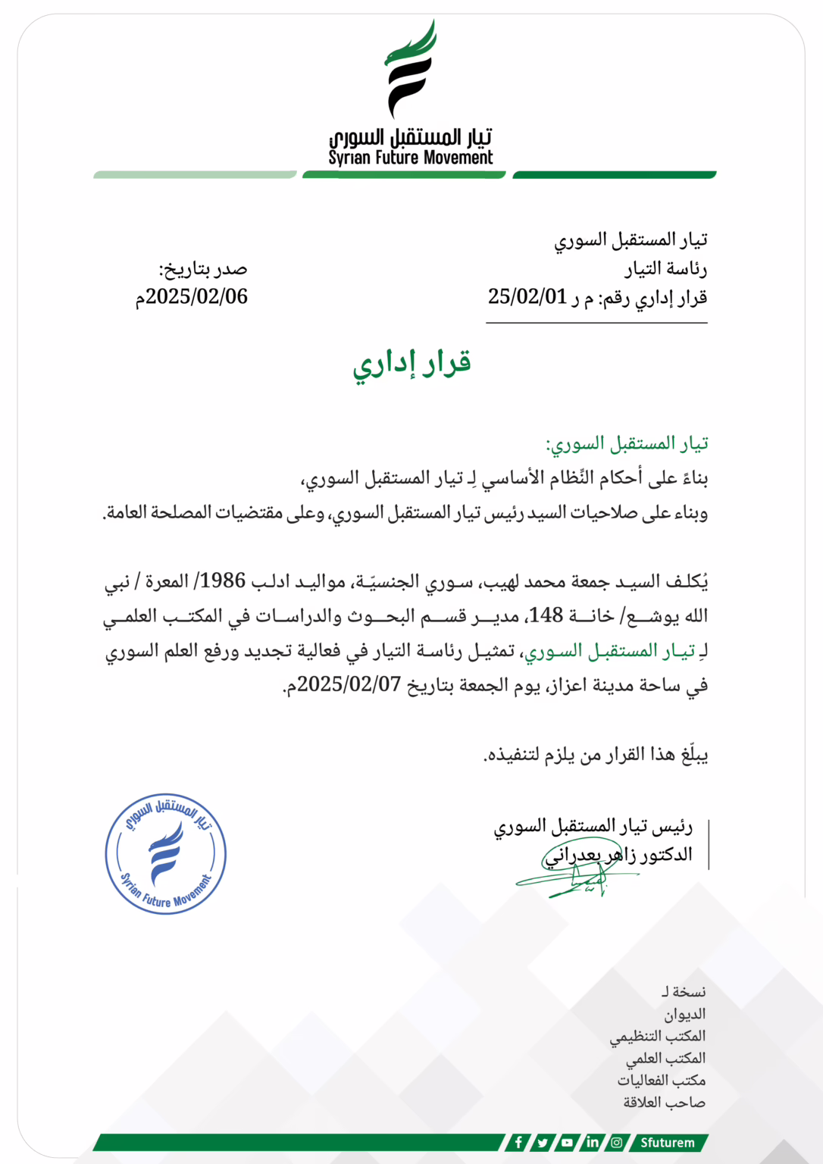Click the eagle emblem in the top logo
click(410, 70)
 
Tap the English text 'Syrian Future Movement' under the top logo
click(410, 158)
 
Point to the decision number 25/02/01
click(527, 297)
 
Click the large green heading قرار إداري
click(411, 363)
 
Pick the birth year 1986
click(223, 581)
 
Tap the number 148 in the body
click(546, 615)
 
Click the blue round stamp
click(166, 854)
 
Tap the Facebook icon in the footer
click(518, 1142)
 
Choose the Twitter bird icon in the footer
click(543, 1142)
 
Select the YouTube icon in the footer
click(567, 1142)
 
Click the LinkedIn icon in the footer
click(592, 1142)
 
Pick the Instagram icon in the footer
click(617, 1142)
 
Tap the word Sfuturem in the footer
click(667, 1142)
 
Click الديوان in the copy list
click(684, 1014)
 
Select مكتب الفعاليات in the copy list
click(661, 1080)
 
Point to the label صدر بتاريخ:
click(202, 269)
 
